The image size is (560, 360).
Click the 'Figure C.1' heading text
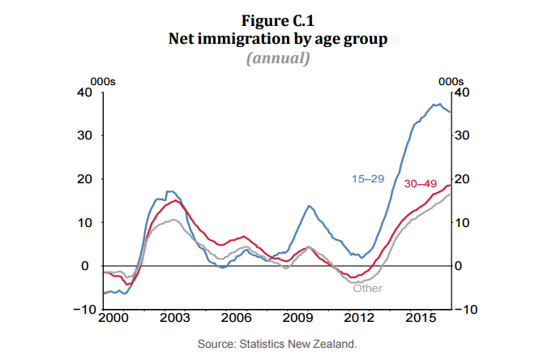[280, 20]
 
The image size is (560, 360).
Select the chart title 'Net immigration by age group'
[280, 38]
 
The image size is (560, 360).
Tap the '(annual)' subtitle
[280, 58]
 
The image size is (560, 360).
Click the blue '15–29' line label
[367, 178]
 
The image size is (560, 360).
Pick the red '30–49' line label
[421, 184]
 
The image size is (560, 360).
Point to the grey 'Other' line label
[367, 288]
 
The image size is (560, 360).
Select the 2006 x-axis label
[236, 318]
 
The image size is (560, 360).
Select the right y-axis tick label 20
[462, 178]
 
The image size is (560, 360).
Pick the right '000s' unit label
[451, 81]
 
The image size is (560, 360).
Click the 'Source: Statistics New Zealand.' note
[277, 344]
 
